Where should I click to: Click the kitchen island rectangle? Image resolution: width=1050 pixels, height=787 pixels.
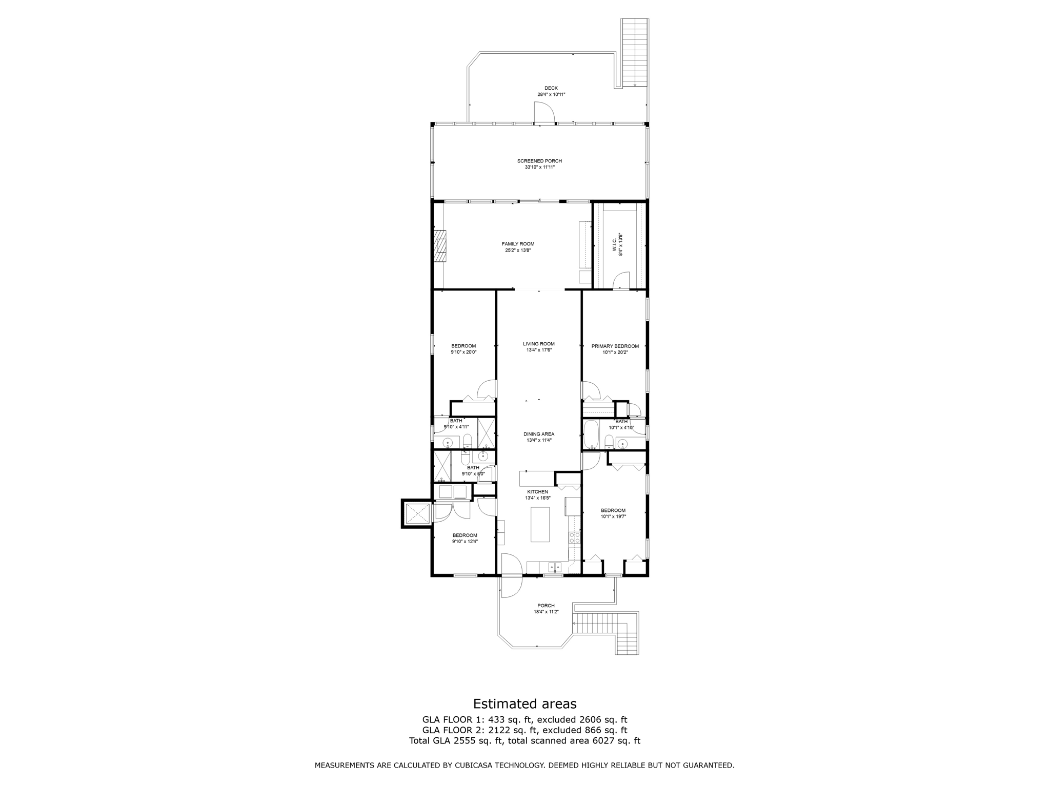[x=539, y=524]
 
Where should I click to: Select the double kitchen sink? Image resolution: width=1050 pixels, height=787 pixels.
[x=555, y=567]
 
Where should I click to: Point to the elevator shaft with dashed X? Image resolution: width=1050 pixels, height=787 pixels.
[x=417, y=514]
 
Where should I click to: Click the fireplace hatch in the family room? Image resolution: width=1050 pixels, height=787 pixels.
[x=440, y=246]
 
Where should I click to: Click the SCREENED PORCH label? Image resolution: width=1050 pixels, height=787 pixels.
[x=539, y=161]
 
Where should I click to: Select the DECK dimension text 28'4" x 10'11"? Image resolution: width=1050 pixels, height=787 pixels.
[x=551, y=95]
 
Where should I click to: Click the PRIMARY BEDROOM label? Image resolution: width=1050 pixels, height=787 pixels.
[x=615, y=346]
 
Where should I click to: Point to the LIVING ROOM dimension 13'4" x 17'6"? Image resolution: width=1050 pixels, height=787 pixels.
[x=539, y=350]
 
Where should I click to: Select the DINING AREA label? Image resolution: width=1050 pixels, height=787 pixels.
[x=539, y=434]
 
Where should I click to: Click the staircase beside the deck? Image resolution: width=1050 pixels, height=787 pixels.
[x=635, y=51]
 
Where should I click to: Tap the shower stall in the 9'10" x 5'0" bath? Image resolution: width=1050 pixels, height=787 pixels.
[x=441, y=466]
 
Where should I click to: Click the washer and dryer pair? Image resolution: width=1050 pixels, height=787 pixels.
[x=453, y=492]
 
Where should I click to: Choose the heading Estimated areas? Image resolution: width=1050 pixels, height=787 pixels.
[x=524, y=703]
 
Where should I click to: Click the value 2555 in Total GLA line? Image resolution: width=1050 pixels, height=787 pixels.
[x=467, y=741]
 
